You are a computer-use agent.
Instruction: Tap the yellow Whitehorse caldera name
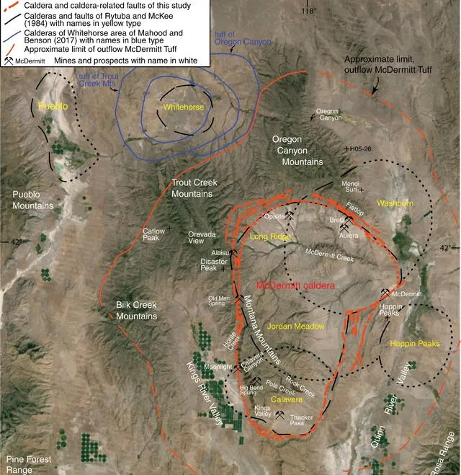184,107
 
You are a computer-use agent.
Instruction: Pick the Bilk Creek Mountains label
136,310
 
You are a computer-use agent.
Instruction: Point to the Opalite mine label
274,215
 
